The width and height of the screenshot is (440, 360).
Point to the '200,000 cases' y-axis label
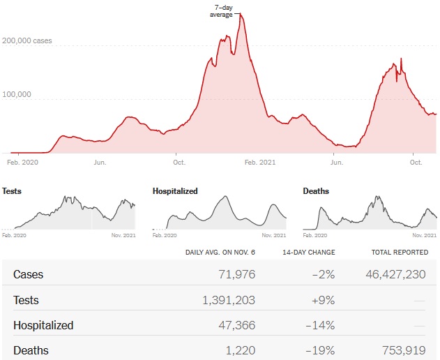(26, 41)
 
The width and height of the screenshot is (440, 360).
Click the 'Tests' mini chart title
(12, 190)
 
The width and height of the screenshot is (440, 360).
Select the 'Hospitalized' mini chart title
(174, 190)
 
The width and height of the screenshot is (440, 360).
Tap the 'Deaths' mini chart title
(316, 190)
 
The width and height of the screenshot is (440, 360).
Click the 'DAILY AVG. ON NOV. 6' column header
(220, 252)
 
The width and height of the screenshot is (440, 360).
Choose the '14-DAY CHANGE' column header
(309, 252)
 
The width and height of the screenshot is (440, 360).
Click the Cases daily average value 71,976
(237, 274)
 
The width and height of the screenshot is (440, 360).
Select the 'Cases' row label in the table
(28, 274)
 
